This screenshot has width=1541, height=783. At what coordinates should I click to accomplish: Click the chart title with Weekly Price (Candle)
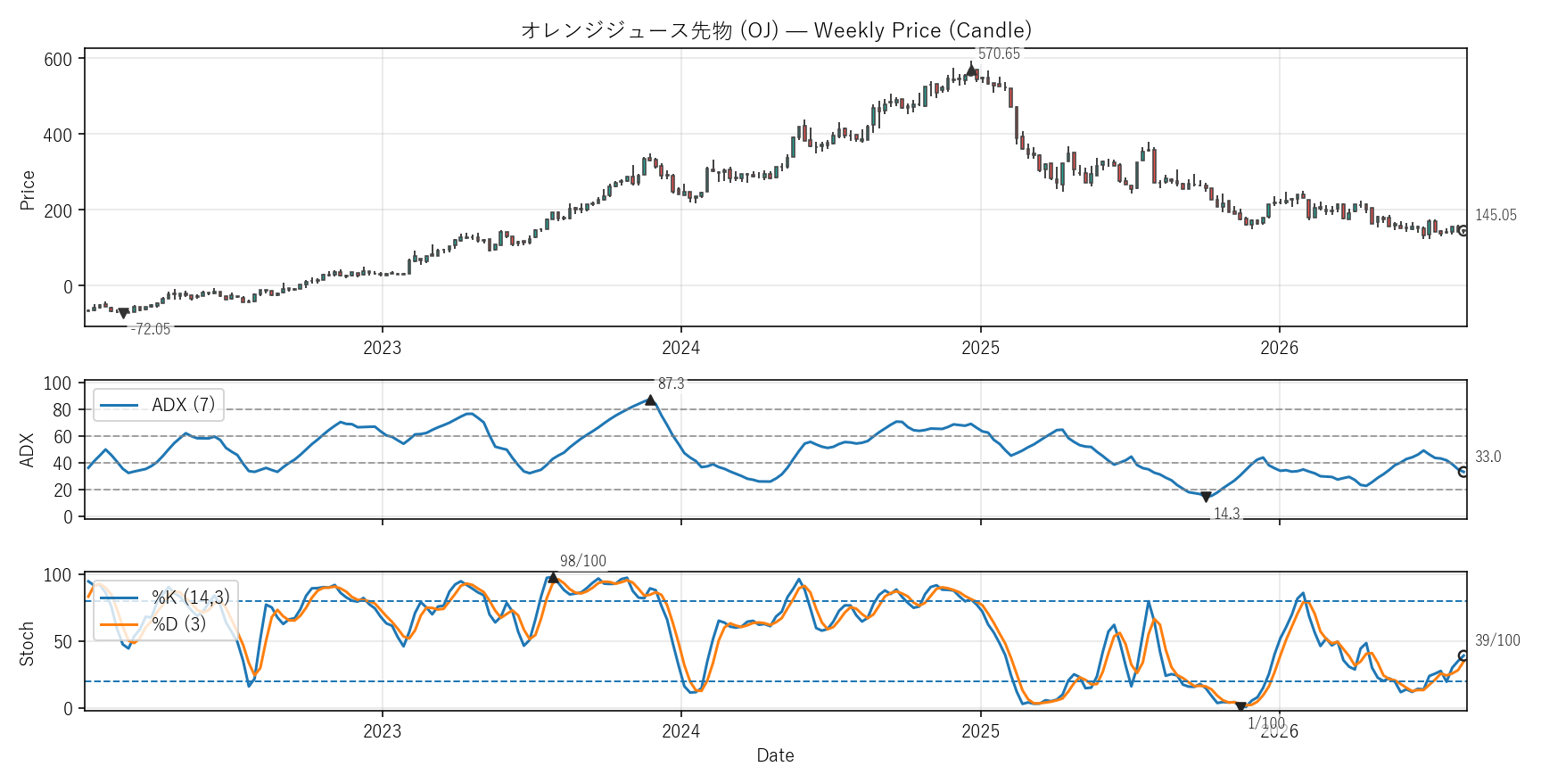[776, 30]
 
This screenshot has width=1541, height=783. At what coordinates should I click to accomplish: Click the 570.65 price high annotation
[999, 54]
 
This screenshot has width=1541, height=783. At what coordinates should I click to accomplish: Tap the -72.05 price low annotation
[150, 329]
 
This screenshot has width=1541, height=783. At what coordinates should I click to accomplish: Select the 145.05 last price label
[1496, 215]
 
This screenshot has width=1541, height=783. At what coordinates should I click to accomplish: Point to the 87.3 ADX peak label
[672, 383]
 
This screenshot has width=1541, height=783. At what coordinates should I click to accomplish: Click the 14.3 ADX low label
[1227, 514]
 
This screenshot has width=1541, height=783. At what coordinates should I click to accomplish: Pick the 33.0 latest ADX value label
[1487, 457]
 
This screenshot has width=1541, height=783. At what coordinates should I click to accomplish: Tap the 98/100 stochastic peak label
[583, 561]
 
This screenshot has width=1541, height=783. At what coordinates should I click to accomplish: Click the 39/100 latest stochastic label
[1497, 640]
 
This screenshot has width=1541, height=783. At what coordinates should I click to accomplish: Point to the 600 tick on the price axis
[58, 59]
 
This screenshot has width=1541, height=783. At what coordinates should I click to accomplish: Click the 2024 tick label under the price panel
[681, 348]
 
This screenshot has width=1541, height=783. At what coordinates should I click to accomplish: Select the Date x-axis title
[775, 755]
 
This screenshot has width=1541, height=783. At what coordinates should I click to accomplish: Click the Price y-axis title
[28, 190]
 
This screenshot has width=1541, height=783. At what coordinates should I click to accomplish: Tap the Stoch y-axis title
[27, 644]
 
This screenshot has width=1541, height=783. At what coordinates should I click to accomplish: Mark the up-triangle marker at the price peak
[971, 69]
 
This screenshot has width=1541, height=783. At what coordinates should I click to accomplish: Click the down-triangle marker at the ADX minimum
[1206, 498]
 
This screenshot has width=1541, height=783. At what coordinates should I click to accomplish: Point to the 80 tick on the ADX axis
[62, 410]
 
